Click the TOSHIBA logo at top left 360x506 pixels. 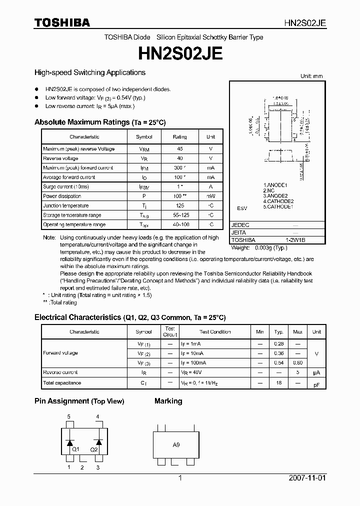(x=62, y=22)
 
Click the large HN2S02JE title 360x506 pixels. (x=179, y=53)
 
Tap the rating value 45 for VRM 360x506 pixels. (x=179, y=149)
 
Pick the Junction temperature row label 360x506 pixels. (x=66, y=205)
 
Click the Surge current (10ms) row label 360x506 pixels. (x=65, y=186)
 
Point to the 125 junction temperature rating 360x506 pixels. (x=179, y=205)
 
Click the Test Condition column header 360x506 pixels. (x=215, y=332)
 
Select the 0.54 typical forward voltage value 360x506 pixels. (x=279, y=362)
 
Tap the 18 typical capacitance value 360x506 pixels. (x=279, y=382)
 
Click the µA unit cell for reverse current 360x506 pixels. (x=316, y=372)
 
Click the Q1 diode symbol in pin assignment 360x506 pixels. (x=70, y=442)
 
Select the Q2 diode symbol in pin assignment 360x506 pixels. (x=98, y=442)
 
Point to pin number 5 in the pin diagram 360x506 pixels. (x=69, y=416)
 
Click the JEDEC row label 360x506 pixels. (x=240, y=225)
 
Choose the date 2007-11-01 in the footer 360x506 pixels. (x=307, y=478)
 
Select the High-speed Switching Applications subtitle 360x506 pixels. (x=89, y=72)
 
